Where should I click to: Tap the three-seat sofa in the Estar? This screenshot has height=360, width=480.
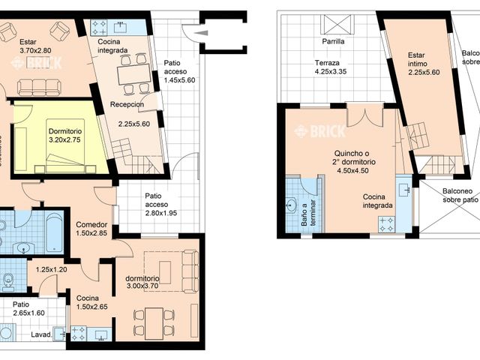click(x=40, y=87)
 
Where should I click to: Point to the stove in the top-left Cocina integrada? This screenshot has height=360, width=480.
click(x=100, y=28)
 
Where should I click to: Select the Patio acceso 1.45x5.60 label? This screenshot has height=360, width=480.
click(x=180, y=72)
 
